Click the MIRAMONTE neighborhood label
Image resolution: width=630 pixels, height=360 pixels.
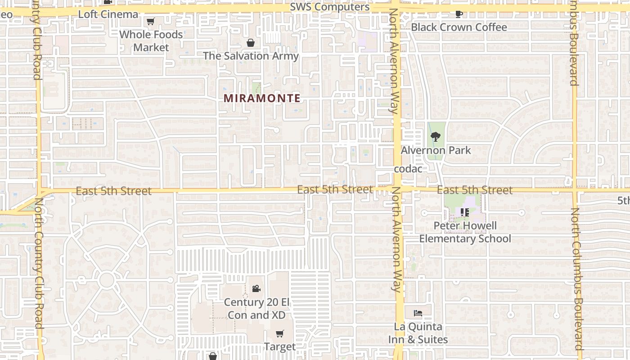pyautogui.click(x=262, y=98)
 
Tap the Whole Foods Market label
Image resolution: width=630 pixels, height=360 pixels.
pyautogui.click(x=151, y=41)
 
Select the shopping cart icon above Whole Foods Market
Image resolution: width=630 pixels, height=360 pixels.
pyautogui.click(x=151, y=22)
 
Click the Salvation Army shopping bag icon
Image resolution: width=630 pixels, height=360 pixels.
pyautogui.click(x=251, y=43)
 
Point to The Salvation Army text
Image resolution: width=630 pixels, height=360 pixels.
pyautogui.click(x=251, y=56)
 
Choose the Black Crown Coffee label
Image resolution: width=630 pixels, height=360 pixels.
pyautogui.click(x=459, y=27)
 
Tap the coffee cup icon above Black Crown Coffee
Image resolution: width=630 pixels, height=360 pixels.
pyautogui.click(x=459, y=14)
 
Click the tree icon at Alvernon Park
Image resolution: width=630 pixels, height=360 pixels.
pyautogui.click(x=435, y=136)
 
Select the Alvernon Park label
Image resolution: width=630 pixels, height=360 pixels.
pyautogui.click(x=436, y=150)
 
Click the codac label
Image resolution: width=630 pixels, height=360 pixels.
pyautogui.click(x=408, y=169)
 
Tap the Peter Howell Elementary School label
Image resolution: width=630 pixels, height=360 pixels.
pyautogui.click(x=465, y=232)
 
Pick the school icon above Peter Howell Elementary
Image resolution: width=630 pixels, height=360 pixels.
pyautogui.click(x=465, y=212)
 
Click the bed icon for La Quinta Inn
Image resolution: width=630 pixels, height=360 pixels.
pyautogui.click(x=418, y=313)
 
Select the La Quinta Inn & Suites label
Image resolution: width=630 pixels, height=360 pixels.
pyautogui.click(x=418, y=333)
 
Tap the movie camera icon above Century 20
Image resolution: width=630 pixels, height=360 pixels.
pyautogui.click(x=256, y=288)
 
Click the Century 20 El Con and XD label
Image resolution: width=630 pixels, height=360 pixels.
pyautogui.click(x=256, y=308)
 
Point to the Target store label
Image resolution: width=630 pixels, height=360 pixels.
pyautogui.click(x=280, y=346)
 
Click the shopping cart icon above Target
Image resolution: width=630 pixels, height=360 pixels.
pyautogui.click(x=280, y=333)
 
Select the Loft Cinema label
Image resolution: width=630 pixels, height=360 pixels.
pyautogui.click(x=108, y=14)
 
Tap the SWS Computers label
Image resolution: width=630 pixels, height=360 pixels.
pyautogui.click(x=330, y=7)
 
